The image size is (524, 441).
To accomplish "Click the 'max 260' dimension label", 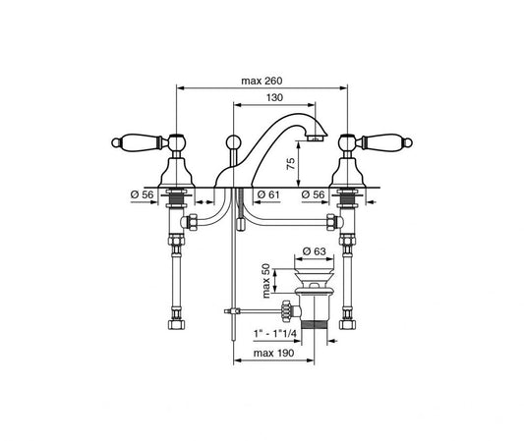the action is tap(262, 81).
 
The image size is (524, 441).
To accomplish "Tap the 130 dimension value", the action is tap(274, 97).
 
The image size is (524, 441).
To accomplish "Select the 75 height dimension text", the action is tap(291, 164).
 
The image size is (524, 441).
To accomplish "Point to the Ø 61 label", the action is tap(268, 194).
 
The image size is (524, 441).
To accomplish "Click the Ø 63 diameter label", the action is tap(314, 251).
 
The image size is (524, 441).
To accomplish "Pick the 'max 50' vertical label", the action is tap(266, 281).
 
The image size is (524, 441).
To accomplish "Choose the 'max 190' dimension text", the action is tap(273, 353).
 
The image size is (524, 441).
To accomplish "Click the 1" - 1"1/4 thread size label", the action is tap(275, 333).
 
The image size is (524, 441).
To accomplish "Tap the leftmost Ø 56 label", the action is tap(142, 194).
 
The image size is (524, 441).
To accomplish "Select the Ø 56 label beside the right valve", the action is tap(313, 194).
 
